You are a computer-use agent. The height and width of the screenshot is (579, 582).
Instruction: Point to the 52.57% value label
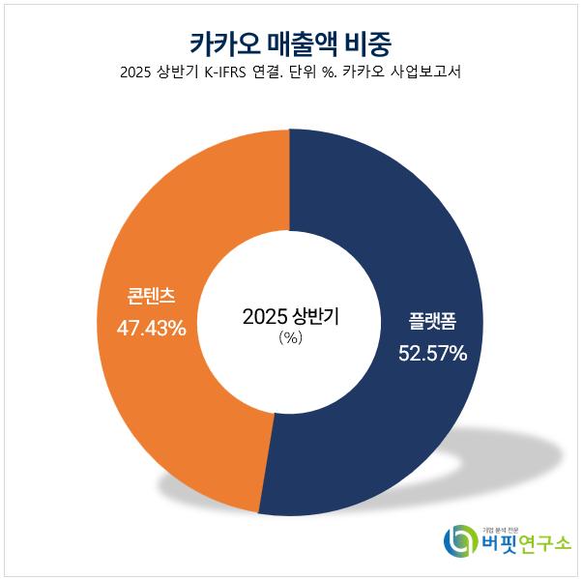tap(432, 354)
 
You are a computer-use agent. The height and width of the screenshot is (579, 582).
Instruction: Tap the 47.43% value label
tap(151, 329)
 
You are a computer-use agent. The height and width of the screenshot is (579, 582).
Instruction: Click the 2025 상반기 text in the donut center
tap(290, 316)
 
